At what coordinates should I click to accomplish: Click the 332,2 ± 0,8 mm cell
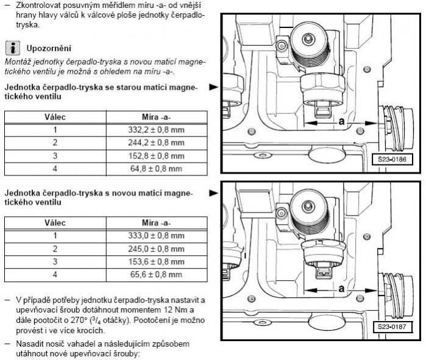tap(156, 130)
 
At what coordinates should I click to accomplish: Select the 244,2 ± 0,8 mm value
tap(156, 143)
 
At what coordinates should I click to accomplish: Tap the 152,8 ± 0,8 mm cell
tap(156, 156)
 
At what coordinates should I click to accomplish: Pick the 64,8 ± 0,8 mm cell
tap(156, 169)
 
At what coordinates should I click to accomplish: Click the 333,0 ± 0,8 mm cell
tap(156, 235)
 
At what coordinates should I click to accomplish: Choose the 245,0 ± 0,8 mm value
tap(156, 249)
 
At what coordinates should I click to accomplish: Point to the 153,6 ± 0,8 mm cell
tap(156, 261)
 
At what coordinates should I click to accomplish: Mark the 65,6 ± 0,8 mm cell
tap(156, 274)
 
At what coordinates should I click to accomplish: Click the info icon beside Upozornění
tap(13, 48)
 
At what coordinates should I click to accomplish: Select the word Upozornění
tap(49, 48)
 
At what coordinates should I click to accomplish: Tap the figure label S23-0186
tap(392, 159)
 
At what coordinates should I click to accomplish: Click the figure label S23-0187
tap(392, 326)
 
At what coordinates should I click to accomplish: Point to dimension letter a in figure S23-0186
tap(341, 121)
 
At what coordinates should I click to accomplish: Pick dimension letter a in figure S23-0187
tap(341, 288)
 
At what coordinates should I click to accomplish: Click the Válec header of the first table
tap(55, 117)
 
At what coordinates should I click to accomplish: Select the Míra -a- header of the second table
tap(156, 223)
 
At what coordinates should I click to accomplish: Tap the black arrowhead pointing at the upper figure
tap(214, 87)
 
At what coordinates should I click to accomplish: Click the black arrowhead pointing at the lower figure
tap(214, 193)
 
